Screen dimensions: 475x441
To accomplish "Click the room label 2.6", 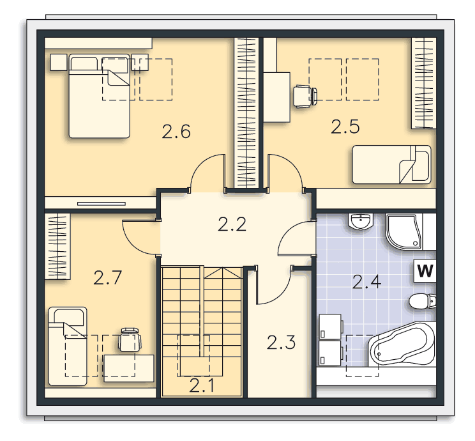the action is pos(176,132).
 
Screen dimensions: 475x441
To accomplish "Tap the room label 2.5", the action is pos(345,127).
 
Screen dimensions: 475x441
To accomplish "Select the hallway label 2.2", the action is pos(232,224).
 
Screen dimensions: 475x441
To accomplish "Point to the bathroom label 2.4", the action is pos(366,282).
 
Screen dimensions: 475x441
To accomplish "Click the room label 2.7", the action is pos(107,278).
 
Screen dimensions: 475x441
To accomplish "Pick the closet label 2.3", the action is pos(281,343).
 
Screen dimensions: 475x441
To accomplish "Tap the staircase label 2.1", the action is pos(202,386).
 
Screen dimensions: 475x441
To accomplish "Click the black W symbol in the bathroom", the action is pos(425,270).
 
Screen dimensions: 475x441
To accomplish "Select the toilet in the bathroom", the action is pos(422,301).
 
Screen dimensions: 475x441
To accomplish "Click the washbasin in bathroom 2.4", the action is pos(361,221).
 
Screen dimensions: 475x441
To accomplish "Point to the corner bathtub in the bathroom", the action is pos(402,344).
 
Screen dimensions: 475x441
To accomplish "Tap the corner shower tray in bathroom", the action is pos(403,232).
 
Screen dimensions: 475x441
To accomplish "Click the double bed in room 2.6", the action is pos(100,96).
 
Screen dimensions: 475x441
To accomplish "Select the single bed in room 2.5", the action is pos(392,165).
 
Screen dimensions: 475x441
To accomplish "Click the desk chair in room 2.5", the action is pos(305,97).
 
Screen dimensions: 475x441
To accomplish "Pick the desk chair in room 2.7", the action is pos(130,339).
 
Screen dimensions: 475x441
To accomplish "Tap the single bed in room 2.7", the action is pos(68,346).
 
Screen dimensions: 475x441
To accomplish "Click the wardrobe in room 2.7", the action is pos(57,246).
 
